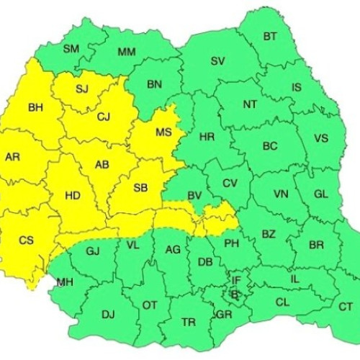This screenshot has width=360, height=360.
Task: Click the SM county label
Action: point(71,49)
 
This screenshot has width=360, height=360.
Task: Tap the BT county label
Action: point(270,36)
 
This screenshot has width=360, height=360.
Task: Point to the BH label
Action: point(35,109)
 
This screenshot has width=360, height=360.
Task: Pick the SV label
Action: point(218,61)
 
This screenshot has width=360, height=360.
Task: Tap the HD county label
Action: point(73,195)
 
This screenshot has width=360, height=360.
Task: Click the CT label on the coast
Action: point(346,307)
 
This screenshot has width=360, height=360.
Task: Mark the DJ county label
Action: point(108,314)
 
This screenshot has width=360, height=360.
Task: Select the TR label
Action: point(188,322)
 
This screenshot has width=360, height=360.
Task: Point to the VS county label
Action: point(321,138)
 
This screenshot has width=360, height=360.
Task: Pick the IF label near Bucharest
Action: point(236,279)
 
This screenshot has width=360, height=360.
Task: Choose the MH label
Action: point(64,282)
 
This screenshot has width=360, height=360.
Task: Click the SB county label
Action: point(141,189)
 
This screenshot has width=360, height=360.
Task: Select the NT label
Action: point(250,104)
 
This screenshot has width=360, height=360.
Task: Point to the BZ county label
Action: point(269,234)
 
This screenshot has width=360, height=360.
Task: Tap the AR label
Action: point(12,157)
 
